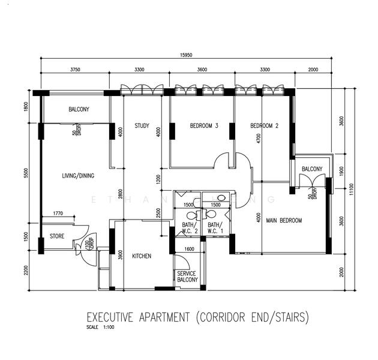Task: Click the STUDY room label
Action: [x=142, y=126]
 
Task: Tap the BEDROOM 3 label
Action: [x=204, y=126]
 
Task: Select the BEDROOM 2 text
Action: [x=264, y=126]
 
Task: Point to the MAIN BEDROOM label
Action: [x=284, y=220]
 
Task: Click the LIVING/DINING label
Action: [x=79, y=176]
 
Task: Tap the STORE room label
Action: [x=56, y=236]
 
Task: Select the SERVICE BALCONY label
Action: [x=187, y=277]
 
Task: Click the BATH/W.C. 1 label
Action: [x=214, y=228]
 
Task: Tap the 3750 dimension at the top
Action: [x=75, y=70]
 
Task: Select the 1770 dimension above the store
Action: [x=58, y=213]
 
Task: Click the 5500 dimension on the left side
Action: [x=26, y=172]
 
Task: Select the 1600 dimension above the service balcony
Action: [x=189, y=249]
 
